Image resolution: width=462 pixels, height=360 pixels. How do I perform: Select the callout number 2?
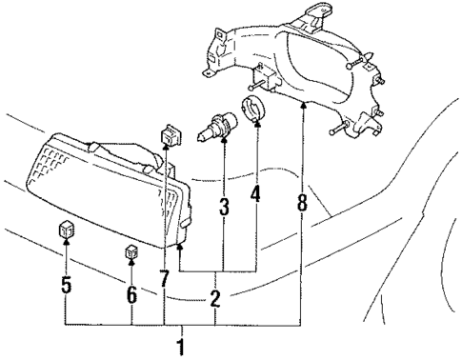pos(215,299)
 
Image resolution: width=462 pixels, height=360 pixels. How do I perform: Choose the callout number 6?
pos(131,295)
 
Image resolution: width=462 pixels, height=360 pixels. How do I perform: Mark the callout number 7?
pos(165,279)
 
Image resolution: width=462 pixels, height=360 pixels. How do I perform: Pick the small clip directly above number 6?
pos(131,253)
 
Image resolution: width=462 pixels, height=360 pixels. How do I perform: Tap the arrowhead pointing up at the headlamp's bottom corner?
pos(179,248)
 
